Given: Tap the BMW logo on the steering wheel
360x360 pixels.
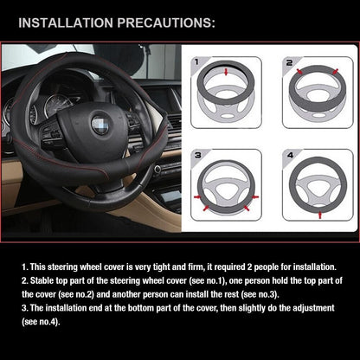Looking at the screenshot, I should [100, 125].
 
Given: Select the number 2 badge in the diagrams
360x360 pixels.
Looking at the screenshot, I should [287, 62].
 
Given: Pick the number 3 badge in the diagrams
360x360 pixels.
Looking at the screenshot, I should [197, 155].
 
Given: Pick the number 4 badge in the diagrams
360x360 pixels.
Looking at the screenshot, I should [288, 155].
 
